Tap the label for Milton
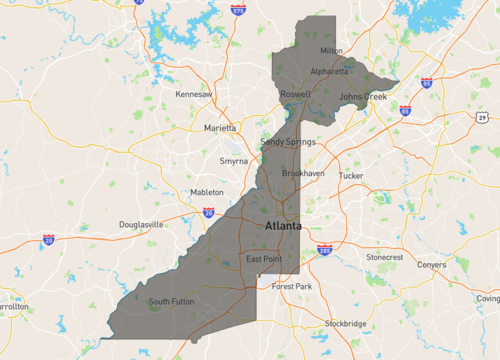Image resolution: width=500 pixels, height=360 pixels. (331, 51)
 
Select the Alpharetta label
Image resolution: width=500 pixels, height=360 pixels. (329, 71)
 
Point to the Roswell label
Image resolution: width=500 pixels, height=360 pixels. (295, 94)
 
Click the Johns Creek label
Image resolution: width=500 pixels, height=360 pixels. (362, 97)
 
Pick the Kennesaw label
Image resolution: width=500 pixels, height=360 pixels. (194, 94)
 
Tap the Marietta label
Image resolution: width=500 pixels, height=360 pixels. (220, 128)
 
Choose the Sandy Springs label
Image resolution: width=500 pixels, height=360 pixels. (288, 142)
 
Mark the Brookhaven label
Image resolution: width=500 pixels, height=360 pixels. (303, 173)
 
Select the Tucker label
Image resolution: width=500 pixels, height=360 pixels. (351, 175)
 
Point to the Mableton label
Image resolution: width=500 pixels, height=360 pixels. (207, 192)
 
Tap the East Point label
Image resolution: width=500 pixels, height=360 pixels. (264, 260)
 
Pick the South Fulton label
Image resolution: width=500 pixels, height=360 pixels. (171, 301)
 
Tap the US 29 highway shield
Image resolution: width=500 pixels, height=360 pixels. (482, 118)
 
